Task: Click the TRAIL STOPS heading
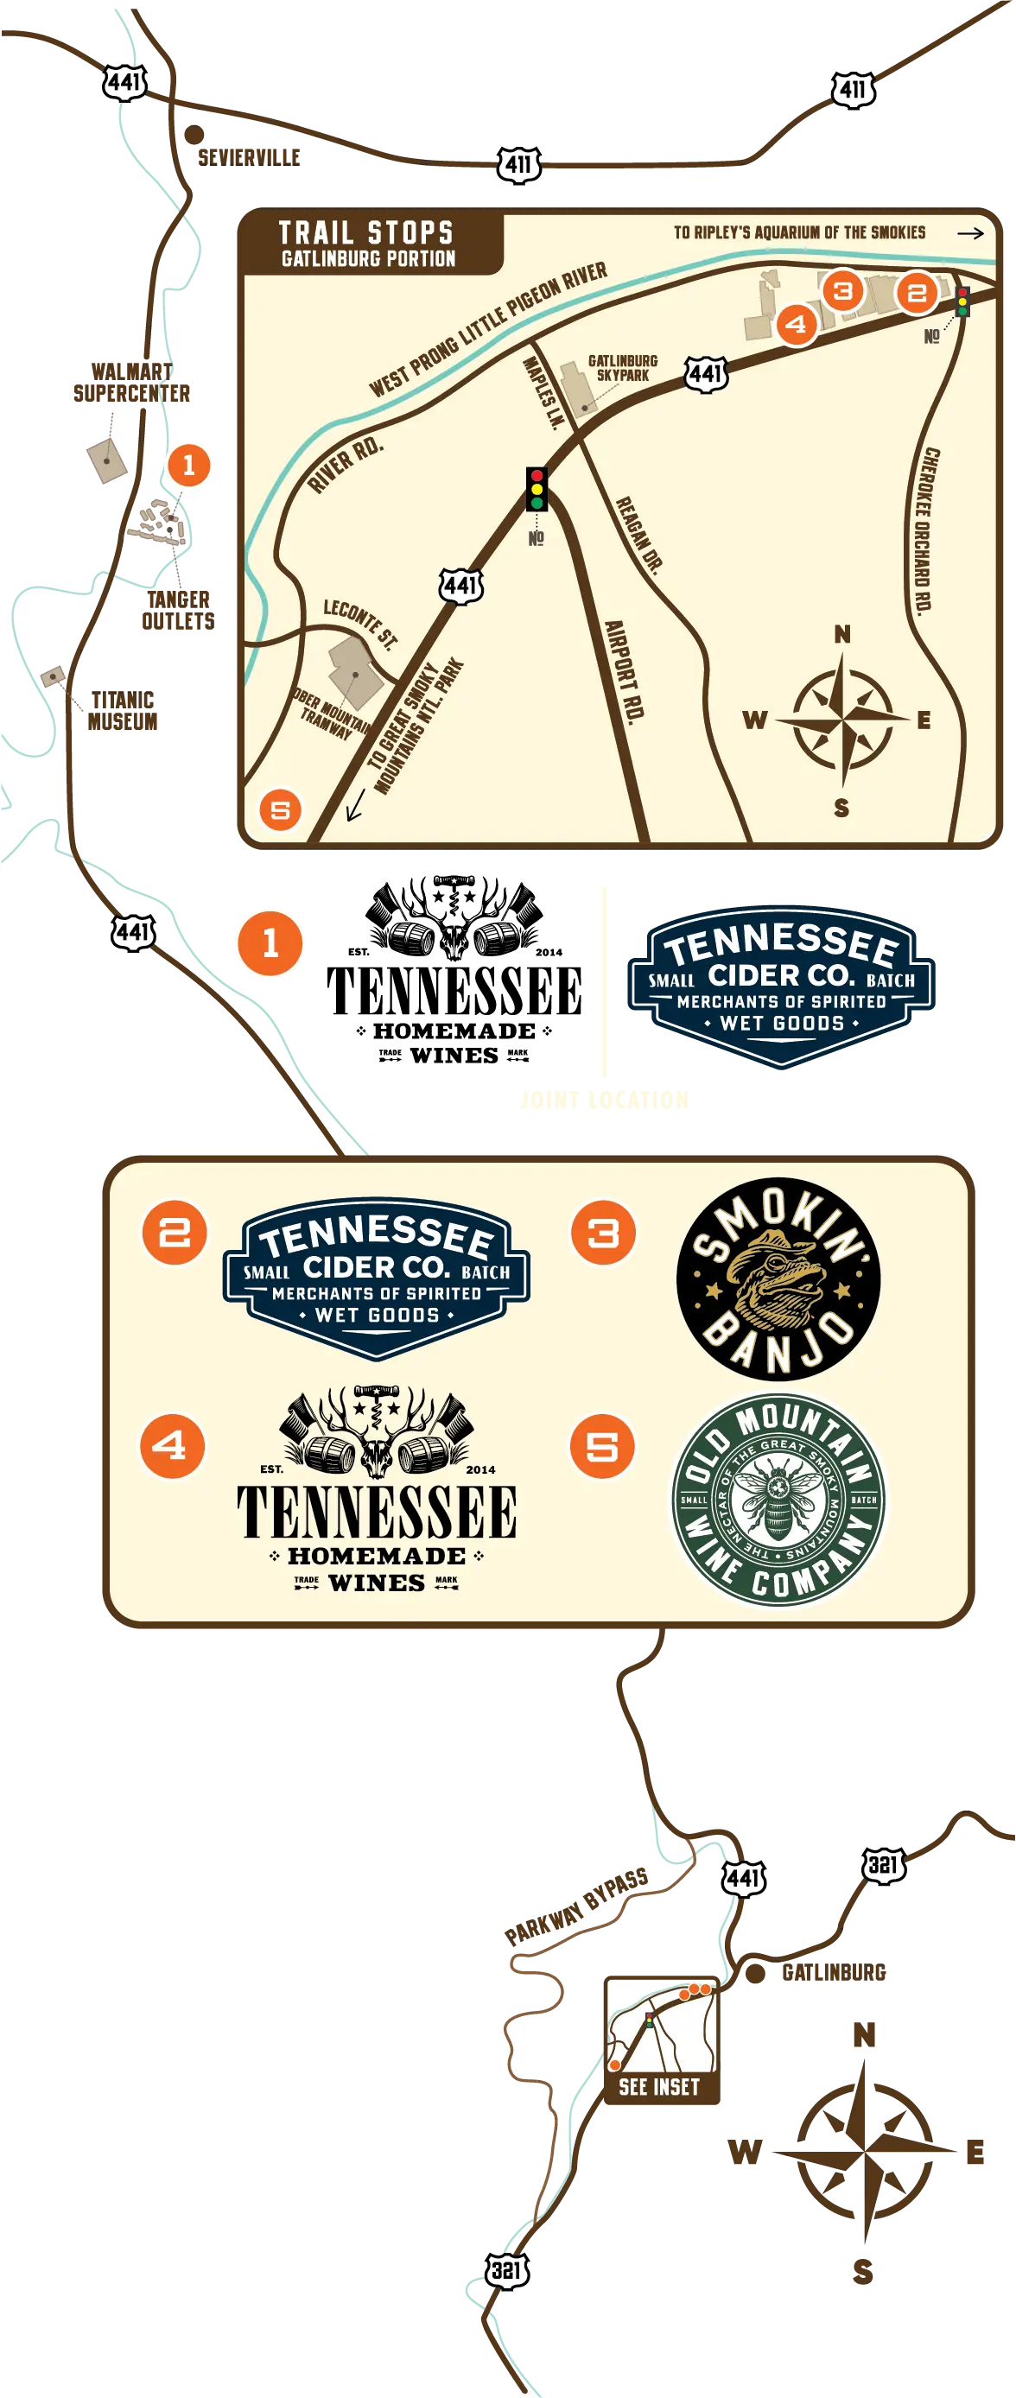[366, 232]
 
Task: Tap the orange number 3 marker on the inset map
[843, 291]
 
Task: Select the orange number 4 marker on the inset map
[796, 325]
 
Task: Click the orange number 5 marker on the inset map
[280, 810]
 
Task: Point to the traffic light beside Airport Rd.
[537, 489]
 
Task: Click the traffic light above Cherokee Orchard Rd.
[962, 301]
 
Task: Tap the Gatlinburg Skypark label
[622, 368]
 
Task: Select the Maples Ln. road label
[543, 392]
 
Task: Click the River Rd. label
[345, 463]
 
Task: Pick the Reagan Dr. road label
[638, 536]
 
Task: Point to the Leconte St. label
[359, 623]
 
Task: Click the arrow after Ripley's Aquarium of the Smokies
[970, 232]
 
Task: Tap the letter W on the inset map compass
[755, 720]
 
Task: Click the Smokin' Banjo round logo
[778, 1278]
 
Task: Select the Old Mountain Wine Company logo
[778, 1500]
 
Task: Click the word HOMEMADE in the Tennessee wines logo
[376, 1556]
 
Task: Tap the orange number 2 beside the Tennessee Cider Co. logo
[175, 1233]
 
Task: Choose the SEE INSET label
[659, 2086]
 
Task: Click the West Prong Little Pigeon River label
[487, 328]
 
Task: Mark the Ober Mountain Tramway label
[332, 715]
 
